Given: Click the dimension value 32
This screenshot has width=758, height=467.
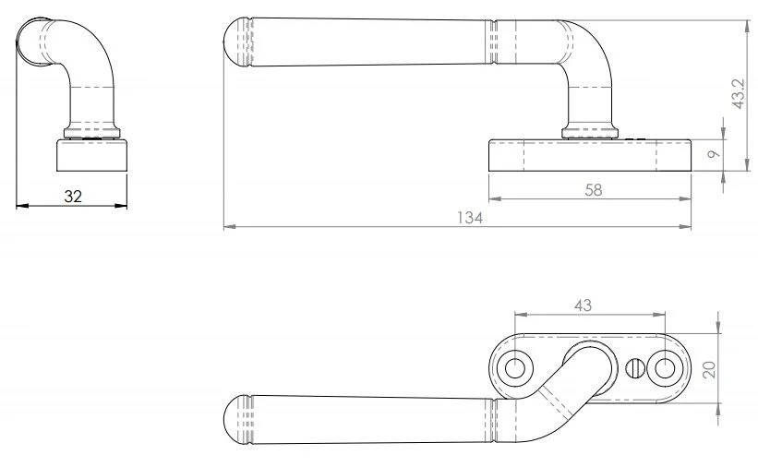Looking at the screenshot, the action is tap(73, 197).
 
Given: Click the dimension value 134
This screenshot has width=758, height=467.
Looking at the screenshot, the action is tap(470, 218).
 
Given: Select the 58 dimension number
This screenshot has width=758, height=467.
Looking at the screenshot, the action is tap(594, 190).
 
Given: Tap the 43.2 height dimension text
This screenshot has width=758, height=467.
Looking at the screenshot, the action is tap(739, 94).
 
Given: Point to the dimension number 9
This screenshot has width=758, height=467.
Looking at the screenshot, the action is tap(714, 154).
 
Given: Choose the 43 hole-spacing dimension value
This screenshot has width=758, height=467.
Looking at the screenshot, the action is tap(583, 305).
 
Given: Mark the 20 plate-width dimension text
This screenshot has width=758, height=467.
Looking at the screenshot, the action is tap(709, 370).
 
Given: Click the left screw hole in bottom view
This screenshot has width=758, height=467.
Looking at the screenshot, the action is tap(515, 369).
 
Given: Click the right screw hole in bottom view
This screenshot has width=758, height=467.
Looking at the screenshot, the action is tap(665, 369).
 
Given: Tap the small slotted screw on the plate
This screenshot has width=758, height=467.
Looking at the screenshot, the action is tap(634, 369).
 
